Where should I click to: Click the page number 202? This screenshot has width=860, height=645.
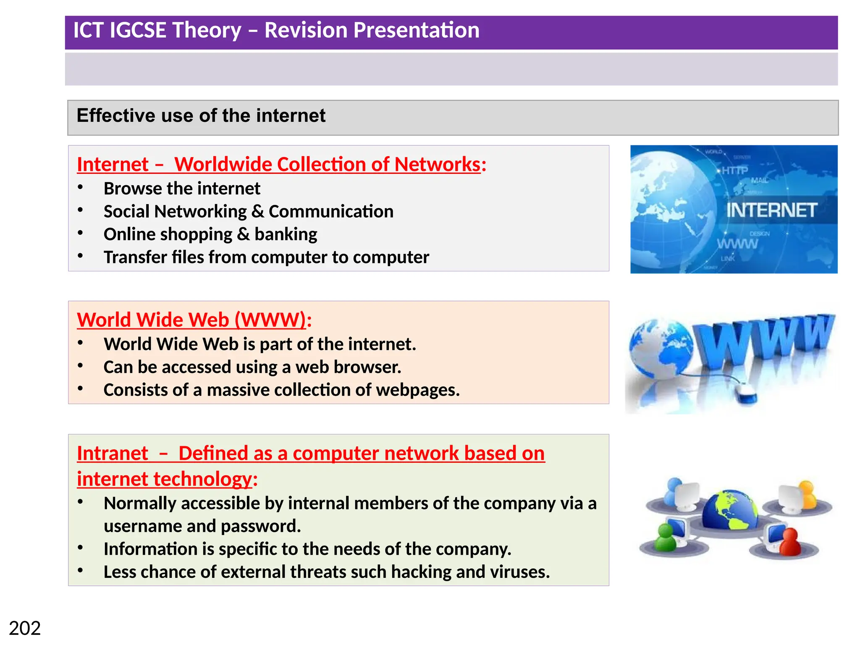25,628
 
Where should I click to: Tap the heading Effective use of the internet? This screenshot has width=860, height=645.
201,115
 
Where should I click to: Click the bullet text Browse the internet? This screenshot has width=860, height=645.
182,189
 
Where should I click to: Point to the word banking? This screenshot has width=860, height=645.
286,234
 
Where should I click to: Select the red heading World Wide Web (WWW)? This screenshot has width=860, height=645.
191,320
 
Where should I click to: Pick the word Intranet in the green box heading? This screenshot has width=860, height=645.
113,454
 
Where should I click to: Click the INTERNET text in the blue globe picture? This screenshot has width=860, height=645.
771,210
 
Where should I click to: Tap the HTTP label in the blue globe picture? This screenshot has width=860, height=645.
735,170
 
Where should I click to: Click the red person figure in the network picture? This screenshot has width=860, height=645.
789,542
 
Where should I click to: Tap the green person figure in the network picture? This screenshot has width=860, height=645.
666,538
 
